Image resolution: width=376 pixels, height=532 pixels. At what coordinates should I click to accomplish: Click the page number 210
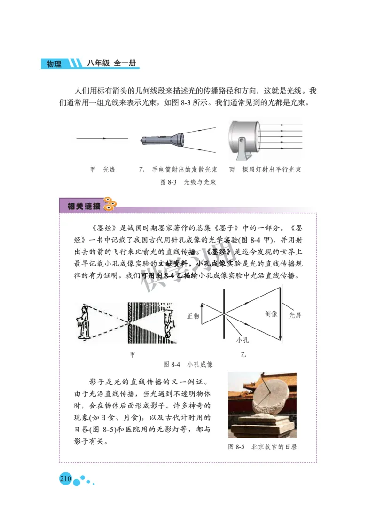65,479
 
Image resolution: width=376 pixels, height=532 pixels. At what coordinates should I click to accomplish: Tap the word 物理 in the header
54,64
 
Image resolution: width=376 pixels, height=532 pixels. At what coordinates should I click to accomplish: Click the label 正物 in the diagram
193,316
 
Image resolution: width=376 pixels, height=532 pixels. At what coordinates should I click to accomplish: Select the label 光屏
295,315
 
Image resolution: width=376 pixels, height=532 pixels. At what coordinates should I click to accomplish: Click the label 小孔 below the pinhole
243,340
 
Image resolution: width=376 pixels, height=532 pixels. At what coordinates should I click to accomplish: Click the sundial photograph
262,405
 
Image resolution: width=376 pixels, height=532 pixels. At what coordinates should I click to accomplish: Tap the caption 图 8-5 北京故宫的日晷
262,446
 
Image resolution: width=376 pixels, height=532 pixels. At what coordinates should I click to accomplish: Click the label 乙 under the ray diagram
243,355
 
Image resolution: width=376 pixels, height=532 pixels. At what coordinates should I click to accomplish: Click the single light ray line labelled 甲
102,139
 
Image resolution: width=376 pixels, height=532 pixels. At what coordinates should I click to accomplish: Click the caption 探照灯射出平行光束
271,170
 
